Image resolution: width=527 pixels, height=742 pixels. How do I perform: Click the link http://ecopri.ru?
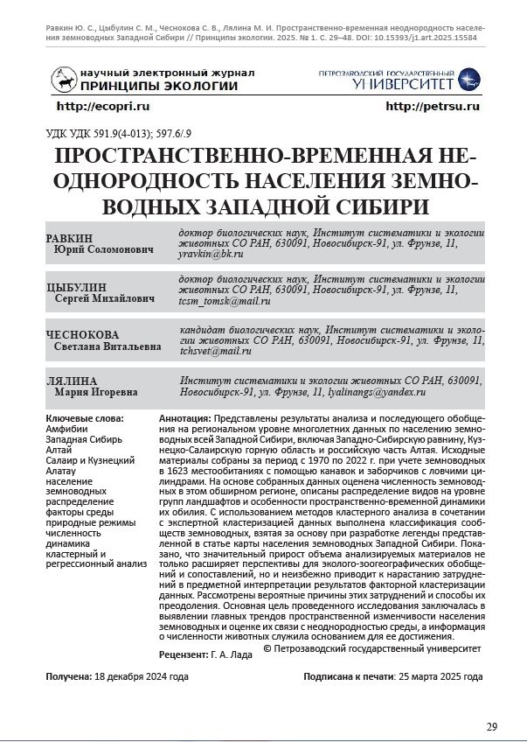(x=103, y=106)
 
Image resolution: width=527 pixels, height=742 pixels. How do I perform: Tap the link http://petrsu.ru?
(x=433, y=106)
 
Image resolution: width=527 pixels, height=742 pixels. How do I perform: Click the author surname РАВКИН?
(x=68, y=238)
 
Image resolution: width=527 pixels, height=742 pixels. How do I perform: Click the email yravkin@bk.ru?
(x=205, y=254)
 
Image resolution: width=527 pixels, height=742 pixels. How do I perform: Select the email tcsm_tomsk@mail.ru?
(x=224, y=301)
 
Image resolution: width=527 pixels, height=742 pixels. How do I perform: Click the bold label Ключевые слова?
(x=84, y=419)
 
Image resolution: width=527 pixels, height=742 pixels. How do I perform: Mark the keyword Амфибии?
(x=66, y=430)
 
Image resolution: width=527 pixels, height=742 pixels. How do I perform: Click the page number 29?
(x=492, y=726)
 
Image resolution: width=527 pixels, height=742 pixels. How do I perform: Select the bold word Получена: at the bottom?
(x=68, y=677)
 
